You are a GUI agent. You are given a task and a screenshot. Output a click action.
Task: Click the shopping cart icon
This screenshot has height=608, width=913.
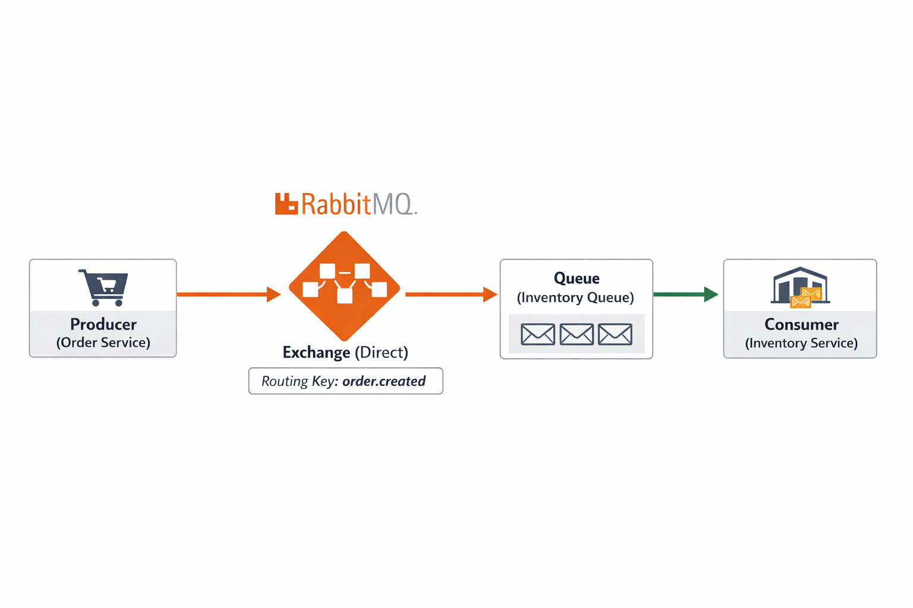(x=104, y=287)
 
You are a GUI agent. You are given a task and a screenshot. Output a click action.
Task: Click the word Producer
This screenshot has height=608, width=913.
(x=103, y=324)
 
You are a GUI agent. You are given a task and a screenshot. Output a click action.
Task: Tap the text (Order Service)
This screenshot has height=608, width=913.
(x=103, y=343)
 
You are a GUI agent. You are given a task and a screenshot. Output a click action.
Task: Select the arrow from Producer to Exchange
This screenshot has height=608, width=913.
(x=228, y=294)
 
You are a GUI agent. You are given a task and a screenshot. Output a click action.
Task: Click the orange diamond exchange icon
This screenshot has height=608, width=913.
(x=344, y=286)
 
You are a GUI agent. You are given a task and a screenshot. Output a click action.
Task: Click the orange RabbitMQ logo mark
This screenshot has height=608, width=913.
(x=286, y=204)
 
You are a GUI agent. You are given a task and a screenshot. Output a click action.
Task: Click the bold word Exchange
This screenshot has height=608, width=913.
(x=316, y=352)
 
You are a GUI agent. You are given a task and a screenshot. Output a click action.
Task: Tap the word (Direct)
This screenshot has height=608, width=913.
(x=381, y=352)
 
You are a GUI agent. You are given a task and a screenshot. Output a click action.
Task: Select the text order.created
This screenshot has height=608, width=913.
(x=384, y=381)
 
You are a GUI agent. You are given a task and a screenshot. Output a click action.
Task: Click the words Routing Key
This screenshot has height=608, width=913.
(x=299, y=381)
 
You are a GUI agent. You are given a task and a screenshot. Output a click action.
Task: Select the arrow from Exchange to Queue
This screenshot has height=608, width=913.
(x=451, y=294)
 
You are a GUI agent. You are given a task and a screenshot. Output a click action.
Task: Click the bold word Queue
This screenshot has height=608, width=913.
(x=577, y=278)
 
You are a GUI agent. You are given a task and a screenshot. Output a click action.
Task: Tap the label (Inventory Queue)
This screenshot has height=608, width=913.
(x=575, y=297)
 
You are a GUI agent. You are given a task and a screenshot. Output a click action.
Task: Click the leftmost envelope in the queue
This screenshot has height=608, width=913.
(x=538, y=334)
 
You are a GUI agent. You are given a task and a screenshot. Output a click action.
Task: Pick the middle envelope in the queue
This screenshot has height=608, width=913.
(x=577, y=334)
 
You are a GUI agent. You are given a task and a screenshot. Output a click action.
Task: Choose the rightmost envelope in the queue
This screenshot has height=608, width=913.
(x=615, y=334)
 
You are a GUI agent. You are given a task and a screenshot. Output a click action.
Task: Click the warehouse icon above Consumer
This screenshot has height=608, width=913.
(x=800, y=287)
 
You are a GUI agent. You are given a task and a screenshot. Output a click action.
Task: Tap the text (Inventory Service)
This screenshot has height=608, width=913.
(x=801, y=343)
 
